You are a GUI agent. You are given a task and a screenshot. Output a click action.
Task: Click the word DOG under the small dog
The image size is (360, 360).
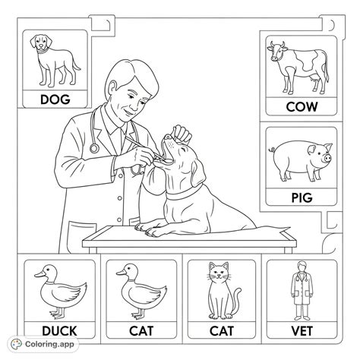pos(54,99)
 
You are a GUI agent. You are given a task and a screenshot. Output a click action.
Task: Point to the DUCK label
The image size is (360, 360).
pos(58,331)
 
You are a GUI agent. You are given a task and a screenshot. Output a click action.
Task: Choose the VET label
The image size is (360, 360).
pos(302,331)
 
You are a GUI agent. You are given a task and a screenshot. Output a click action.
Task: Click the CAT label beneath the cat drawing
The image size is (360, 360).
pos(221,331)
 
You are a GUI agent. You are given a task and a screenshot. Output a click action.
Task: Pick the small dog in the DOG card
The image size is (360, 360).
pos(53,59)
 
